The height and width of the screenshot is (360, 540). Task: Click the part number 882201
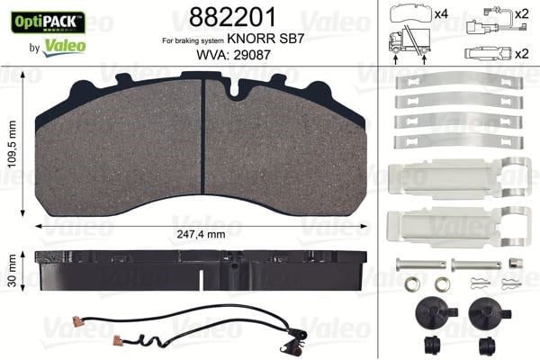[x=232, y=17]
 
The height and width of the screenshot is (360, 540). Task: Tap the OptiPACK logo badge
[x=49, y=22]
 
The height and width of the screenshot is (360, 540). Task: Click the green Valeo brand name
[x=65, y=47]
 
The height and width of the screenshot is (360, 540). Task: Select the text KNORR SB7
[x=265, y=39]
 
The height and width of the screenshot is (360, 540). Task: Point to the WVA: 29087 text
[x=233, y=55]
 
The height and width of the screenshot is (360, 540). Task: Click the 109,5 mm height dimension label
[x=13, y=144]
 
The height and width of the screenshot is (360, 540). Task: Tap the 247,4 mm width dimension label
[x=201, y=234]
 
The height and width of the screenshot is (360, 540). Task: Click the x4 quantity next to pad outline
[x=441, y=14]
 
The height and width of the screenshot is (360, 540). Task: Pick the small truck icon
[x=409, y=41]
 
